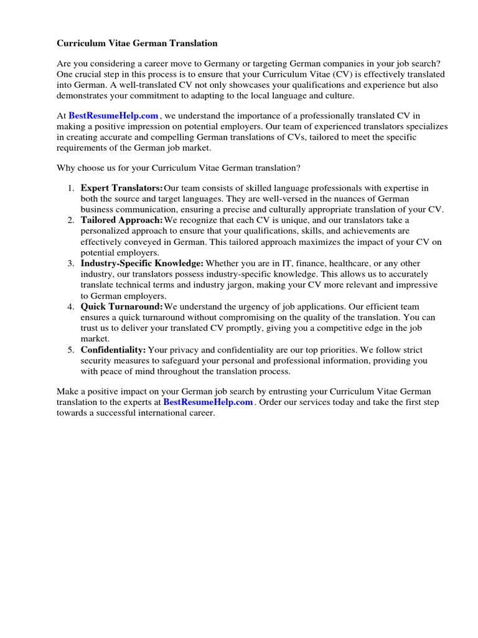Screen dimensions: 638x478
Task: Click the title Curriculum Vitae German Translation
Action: pos(138,44)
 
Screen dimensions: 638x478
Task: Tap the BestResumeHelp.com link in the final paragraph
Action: pos(208,402)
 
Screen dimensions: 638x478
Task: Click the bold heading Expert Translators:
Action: pos(122,188)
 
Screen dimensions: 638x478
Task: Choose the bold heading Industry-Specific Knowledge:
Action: pos(142,264)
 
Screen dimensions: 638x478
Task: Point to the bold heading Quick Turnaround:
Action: pos(122,307)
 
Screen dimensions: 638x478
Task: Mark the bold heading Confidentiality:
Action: pos(113,350)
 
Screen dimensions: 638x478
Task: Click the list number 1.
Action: pos(71,188)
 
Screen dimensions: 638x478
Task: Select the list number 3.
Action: pos(71,264)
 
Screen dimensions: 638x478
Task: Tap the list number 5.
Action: pos(71,350)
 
